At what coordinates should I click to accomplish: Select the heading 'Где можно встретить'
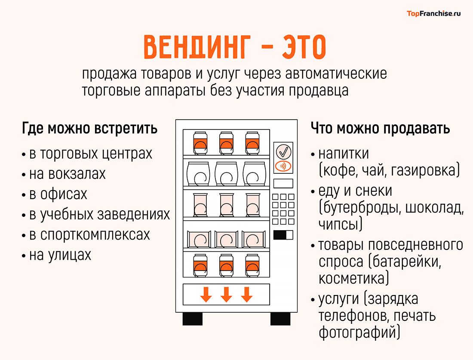tap(89, 129)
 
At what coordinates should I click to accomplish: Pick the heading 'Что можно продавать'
tap(380, 129)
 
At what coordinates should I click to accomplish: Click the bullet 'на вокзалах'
tap(67, 174)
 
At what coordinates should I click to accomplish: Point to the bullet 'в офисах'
tap(58, 194)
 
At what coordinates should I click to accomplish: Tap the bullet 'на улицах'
tap(60, 255)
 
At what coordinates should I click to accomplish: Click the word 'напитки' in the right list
tap(344, 154)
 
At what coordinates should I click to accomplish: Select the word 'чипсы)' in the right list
tap(340, 224)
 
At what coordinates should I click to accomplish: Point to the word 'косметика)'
tap(353, 278)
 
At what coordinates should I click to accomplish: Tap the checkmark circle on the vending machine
tap(283, 151)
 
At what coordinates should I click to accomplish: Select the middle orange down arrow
tap(226, 295)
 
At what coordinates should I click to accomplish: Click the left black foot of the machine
tap(192, 319)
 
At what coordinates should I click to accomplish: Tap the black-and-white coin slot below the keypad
tap(283, 235)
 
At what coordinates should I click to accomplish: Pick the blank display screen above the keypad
tap(283, 183)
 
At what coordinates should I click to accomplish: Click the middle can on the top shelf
tap(226, 142)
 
